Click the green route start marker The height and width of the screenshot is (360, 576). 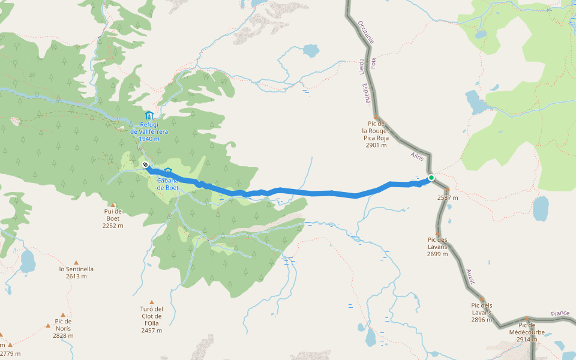click(x=431, y=178)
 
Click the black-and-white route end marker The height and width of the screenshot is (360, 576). click(x=145, y=164)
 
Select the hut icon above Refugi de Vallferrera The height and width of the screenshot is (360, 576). click(x=149, y=115)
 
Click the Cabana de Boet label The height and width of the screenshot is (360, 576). click(x=168, y=184)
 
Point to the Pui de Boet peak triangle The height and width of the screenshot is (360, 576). click(x=112, y=205)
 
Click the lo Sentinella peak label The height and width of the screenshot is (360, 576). click(x=76, y=272)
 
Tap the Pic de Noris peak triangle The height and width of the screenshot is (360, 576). click(x=48, y=325)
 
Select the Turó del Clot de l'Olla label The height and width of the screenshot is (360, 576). click(x=152, y=320)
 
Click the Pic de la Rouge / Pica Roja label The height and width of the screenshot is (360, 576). click(x=376, y=134)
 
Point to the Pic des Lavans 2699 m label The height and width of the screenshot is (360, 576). click(x=437, y=247)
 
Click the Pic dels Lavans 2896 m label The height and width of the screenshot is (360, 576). click(x=482, y=312)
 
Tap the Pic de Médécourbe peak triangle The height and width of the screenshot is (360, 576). click(x=527, y=319)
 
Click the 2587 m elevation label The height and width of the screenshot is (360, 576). click(x=448, y=197)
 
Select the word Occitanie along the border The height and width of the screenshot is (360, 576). click(x=365, y=32)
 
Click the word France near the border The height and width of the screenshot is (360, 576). click(x=560, y=314)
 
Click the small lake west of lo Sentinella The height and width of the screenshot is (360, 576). click(x=28, y=260)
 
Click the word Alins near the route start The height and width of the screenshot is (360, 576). click(x=417, y=157)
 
